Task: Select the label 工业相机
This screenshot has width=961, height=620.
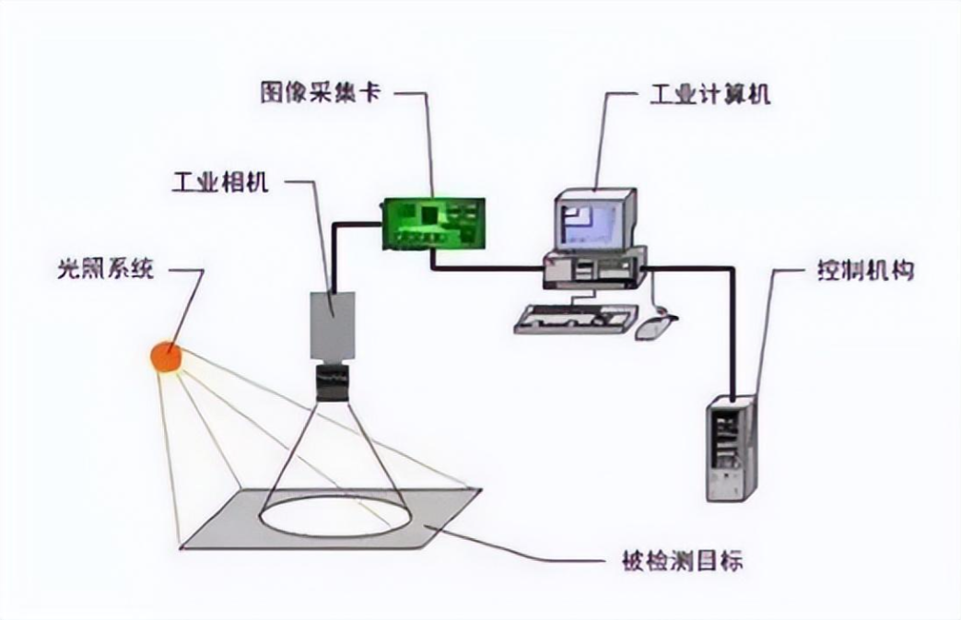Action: [220, 181]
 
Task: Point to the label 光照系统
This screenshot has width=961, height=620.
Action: [108, 270]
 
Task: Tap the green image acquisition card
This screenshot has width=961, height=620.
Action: [436, 222]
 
